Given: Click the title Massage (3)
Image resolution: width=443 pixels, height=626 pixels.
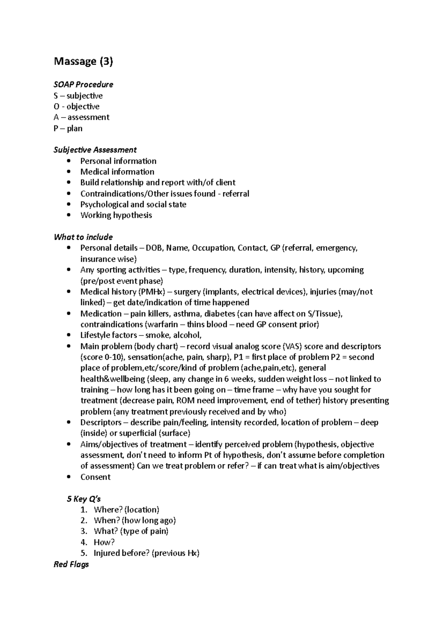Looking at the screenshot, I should [x=83, y=61].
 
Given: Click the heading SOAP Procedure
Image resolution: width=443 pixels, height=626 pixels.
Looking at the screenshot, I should [x=83, y=84].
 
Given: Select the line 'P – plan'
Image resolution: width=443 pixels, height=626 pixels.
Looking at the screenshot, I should [x=68, y=128].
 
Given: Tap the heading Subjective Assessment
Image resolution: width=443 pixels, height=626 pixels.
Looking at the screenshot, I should [x=95, y=150].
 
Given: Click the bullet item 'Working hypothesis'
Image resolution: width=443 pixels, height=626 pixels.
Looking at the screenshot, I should [x=116, y=215].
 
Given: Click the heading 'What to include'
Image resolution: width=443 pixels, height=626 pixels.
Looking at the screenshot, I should [x=83, y=237].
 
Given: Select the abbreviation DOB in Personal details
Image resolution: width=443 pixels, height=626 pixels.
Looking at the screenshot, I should [x=154, y=248].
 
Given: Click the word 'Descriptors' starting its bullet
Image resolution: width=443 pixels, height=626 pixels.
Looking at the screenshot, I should [x=101, y=422].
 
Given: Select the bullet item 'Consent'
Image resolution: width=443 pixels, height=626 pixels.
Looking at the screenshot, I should [x=95, y=477].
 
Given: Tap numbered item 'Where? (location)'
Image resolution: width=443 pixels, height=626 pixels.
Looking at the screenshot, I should [x=126, y=510].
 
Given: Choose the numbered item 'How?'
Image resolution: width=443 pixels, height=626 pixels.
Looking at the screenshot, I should [x=104, y=542].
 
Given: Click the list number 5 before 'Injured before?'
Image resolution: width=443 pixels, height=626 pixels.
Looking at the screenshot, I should [x=83, y=553].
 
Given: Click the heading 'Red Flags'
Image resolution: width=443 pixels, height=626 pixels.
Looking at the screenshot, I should [x=71, y=564].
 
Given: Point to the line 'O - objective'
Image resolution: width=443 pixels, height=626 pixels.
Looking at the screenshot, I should [x=76, y=107].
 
